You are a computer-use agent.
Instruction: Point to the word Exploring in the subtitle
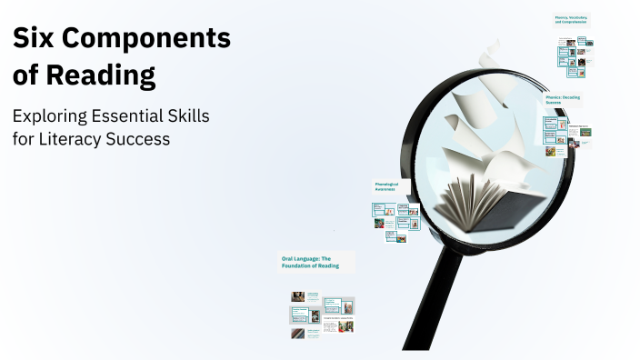[52, 117]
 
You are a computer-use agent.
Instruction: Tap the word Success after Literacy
[141, 140]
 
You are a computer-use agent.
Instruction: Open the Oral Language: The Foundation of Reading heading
[311, 262]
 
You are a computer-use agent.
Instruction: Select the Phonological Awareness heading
[387, 186]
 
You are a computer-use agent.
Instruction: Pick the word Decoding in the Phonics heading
[570, 96]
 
